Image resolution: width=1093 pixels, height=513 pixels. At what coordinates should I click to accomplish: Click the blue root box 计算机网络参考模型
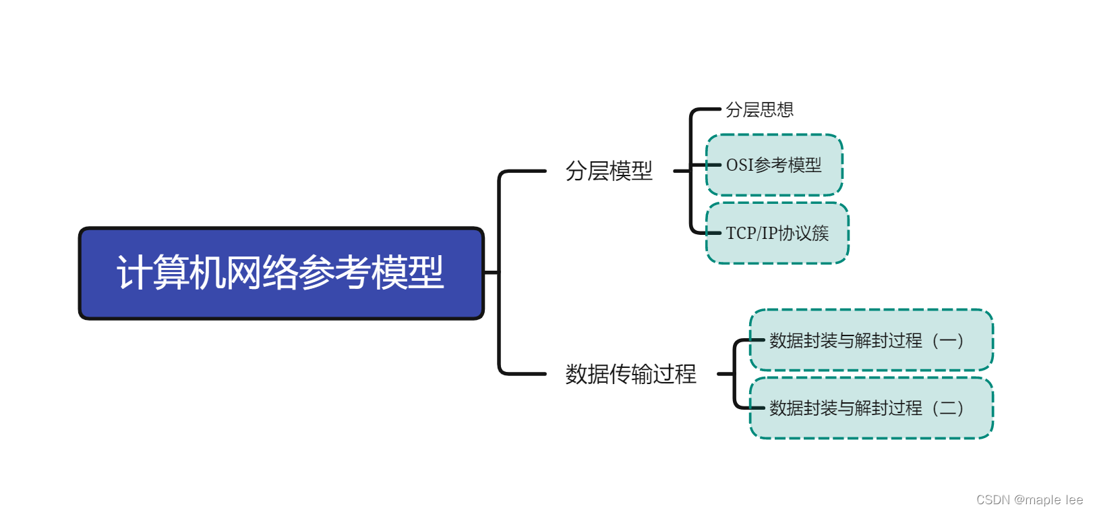click(281, 273)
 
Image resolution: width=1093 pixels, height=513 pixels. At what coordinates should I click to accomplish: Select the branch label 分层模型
click(609, 171)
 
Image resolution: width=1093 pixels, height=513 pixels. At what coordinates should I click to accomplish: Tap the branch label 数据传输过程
click(630, 373)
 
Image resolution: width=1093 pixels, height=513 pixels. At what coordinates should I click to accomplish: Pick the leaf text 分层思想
click(759, 109)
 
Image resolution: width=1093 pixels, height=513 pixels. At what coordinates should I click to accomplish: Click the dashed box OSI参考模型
click(774, 165)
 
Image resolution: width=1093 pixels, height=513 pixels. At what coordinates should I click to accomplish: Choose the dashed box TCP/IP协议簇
click(777, 233)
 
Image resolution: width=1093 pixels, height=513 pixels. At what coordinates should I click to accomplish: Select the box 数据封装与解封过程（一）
click(871, 340)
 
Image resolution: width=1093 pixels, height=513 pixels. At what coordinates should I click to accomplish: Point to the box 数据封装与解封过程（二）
click(871, 408)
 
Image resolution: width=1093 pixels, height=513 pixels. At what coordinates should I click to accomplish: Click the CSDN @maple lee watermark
click(1029, 500)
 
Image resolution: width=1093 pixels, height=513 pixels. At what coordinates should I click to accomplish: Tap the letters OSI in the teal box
click(740, 165)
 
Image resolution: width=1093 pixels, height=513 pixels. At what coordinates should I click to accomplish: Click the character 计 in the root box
click(134, 273)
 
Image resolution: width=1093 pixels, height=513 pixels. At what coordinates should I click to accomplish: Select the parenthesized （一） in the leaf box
click(947, 340)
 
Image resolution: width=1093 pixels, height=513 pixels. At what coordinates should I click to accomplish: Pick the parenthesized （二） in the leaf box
click(947, 408)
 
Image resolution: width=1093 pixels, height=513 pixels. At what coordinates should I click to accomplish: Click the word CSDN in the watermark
click(993, 500)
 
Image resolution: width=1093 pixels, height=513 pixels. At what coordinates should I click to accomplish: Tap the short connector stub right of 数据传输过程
click(726, 373)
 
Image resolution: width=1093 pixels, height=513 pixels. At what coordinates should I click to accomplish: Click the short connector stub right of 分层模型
click(681, 171)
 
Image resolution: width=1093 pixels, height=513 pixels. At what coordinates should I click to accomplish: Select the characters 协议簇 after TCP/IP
click(803, 234)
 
